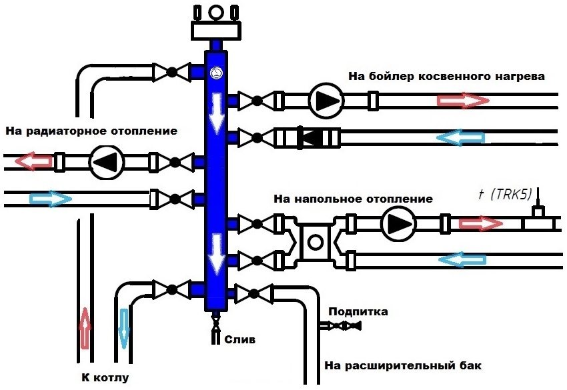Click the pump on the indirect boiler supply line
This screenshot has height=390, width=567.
click(326, 101)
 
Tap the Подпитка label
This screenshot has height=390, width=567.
click(358, 312)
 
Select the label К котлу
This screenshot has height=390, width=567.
click(105, 378)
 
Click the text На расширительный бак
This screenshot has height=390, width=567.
click(402, 366)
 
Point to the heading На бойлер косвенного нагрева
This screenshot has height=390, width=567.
click(446, 76)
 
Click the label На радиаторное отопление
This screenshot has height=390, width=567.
click(91, 131)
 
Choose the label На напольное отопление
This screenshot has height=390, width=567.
click(353, 199)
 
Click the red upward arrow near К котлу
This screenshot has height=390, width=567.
click(85, 328)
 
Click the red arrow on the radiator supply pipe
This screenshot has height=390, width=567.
click(35, 161)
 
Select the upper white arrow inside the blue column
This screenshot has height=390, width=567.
click(215, 113)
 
